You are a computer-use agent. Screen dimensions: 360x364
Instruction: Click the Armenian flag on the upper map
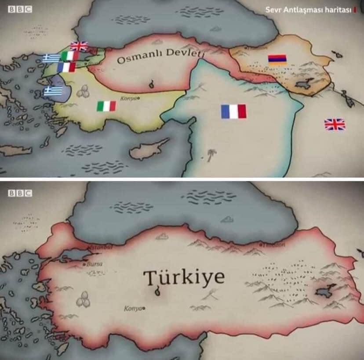pos(277,60)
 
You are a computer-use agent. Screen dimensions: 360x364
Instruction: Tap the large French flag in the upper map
pos(233,112)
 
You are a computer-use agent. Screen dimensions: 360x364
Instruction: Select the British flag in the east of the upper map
pos(335,124)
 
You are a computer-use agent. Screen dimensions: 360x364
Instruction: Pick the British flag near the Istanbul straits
pos(79,46)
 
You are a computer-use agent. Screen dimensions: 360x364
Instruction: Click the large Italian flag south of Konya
pos(106,106)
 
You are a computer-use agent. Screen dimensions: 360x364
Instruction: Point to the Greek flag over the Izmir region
pos(53,91)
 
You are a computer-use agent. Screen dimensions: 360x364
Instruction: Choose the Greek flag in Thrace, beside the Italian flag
pos(51,58)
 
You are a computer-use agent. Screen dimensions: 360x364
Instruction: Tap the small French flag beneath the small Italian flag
pos(66,67)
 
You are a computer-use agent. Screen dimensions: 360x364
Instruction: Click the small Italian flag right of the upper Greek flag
pos(69,56)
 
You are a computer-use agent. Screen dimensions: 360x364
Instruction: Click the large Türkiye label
pos(184,277)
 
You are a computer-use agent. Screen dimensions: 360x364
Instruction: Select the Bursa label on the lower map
pos(95,264)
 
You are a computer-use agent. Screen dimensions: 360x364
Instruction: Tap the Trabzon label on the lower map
pos(274,245)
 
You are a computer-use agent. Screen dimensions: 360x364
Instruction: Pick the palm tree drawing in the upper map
pos(212,155)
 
